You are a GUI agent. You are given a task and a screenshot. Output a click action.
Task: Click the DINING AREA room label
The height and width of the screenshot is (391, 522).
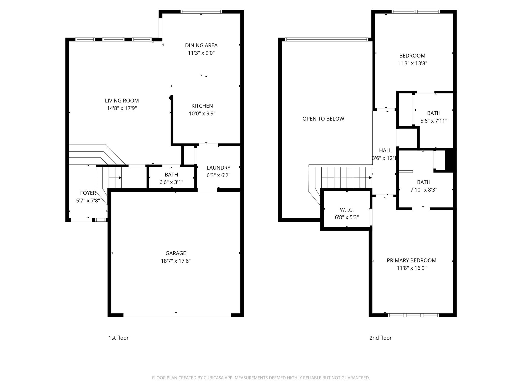click(x=201, y=45)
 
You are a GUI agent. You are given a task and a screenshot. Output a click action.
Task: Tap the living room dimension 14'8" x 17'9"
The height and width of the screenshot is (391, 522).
click(x=122, y=108)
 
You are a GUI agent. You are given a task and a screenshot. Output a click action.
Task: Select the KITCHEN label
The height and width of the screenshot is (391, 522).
click(x=202, y=106)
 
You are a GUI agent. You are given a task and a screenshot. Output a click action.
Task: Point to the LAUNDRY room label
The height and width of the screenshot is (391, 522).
click(x=218, y=168)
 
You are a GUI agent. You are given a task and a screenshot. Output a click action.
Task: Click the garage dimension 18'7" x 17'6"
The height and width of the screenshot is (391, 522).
click(x=176, y=261)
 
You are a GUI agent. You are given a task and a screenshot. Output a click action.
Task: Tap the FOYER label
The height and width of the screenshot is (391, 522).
click(x=88, y=193)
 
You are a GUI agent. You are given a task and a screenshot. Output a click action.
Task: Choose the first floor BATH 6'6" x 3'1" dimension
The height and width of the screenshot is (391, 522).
click(x=171, y=182)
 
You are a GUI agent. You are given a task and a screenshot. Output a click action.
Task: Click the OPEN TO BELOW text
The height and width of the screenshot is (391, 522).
click(x=323, y=119)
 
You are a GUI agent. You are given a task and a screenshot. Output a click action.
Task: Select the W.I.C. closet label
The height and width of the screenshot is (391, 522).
click(x=347, y=210)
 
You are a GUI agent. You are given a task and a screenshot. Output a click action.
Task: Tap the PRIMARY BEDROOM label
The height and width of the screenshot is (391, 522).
click(x=411, y=260)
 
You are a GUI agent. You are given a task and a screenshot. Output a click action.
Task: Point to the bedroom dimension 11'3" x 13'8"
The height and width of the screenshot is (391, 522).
click(x=412, y=63)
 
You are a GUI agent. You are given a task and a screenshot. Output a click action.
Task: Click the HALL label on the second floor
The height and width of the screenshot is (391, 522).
click(x=385, y=150)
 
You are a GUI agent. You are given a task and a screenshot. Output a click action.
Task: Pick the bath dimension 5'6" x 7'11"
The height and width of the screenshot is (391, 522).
click(x=434, y=121)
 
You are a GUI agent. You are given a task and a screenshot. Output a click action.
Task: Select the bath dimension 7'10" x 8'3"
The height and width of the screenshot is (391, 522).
click(x=424, y=190)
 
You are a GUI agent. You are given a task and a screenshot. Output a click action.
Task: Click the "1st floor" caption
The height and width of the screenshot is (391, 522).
click(x=119, y=338)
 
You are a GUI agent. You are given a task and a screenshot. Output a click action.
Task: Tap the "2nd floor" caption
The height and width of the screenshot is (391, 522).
click(x=380, y=338)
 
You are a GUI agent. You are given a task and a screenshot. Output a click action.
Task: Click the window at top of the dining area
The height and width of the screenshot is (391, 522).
click(x=201, y=11)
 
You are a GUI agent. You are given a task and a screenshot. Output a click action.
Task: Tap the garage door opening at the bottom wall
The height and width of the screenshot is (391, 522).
click(x=177, y=315)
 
